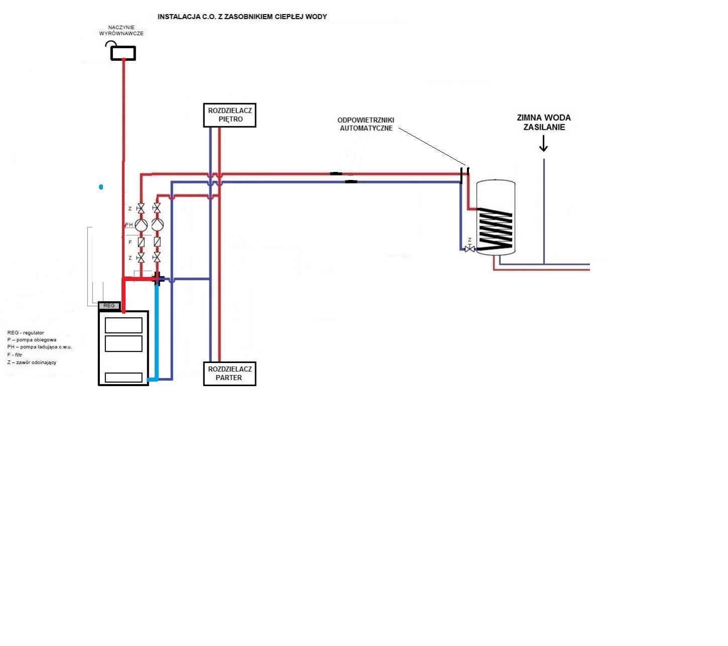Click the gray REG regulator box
(109, 306)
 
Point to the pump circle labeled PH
(141, 225)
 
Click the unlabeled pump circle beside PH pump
(157, 225)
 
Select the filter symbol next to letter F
(141, 242)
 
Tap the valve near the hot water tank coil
(469, 249)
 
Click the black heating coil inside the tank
(496, 229)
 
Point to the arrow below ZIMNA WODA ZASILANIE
(543, 143)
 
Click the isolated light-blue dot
(101, 187)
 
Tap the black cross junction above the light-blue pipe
(157, 278)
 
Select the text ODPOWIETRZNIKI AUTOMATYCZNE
(366, 124)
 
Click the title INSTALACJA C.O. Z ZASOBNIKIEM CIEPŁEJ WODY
(242, 17)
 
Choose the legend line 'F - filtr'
(15, 355)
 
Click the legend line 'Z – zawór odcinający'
(32, 362)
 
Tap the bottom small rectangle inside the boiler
(124, 378)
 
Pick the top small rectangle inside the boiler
(124, 326)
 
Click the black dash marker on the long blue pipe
(351, 182)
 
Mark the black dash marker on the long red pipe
(336, 174)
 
